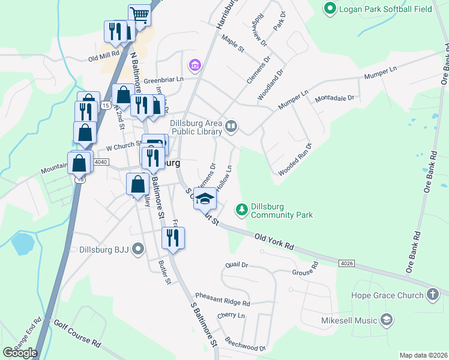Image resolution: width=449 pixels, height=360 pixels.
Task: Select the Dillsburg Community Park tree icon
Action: [241, 209]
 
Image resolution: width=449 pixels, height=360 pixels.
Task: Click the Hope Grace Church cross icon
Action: [432, 294]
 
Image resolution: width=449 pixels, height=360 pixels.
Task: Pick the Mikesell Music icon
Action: [386, 320]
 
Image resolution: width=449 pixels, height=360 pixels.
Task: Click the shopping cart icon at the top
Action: [139, 15]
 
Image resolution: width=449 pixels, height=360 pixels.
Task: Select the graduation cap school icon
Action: [205, 197]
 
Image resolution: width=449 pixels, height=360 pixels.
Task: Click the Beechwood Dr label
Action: [245, 344]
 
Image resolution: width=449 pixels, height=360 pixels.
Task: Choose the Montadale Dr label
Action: [335, 97]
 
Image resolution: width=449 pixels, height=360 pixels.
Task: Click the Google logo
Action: [20, 352]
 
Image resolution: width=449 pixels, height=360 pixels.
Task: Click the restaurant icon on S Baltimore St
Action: [173, 238]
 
